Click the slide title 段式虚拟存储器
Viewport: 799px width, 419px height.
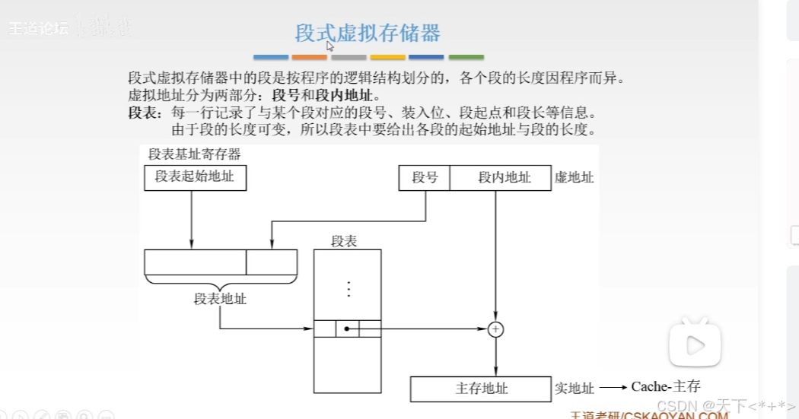coord(368,33)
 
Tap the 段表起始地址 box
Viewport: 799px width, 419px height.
coord(195,178)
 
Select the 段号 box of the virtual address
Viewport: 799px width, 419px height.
coord(425,178)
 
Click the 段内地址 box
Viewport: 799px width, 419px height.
coord(501,178)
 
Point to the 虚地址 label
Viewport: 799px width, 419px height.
coord(574,178)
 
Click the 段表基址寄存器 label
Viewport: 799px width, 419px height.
coord(195,154)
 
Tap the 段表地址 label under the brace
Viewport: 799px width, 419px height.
coord(220,299)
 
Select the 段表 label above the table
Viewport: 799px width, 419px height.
coord(344,241)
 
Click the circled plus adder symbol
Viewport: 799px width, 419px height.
coord(496,329)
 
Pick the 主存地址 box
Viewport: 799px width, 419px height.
coord(481,389)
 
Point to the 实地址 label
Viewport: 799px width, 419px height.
coord(574,389)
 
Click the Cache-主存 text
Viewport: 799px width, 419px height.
coord(665,387)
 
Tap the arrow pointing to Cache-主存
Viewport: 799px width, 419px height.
coord(613,388)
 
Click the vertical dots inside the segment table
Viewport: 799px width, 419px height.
coord(348,289)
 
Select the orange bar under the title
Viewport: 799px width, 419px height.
coord(310,57)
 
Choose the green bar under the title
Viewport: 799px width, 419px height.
coord(466,57)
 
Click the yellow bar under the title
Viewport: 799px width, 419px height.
coord(387,57)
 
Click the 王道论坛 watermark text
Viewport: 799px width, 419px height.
coord(38,29)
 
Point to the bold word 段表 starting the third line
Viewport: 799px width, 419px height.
coord(142,113)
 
